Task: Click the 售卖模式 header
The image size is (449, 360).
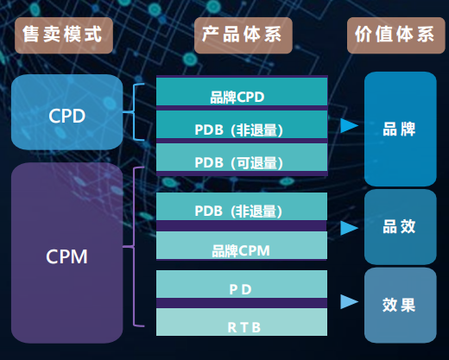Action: coord(66,35)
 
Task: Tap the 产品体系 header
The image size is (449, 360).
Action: coord(243,35)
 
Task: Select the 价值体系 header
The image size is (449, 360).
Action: coord(395,35)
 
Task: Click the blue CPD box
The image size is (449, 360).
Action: coord(66,112)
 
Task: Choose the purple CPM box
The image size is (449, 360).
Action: coord(66,256)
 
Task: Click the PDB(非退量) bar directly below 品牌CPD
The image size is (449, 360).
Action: coord(242,128)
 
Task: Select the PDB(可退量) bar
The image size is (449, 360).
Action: coord(242,160)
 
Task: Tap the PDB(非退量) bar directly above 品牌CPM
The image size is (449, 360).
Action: coord(242,209)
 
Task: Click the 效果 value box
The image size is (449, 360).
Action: coord(400,305)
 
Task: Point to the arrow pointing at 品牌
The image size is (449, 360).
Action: coord(349,126)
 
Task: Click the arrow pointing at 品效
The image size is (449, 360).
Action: coord(349,228)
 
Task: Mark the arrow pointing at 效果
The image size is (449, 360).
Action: coord(349,302)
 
